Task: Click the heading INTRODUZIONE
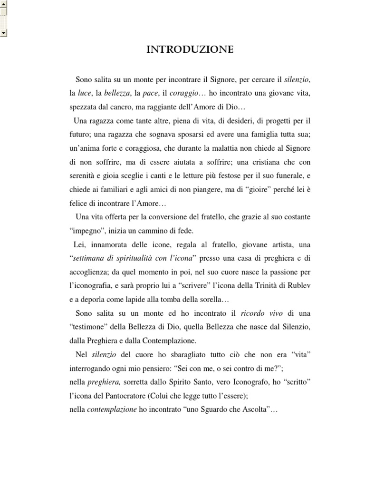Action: pos(190,49)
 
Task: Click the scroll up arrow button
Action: pos(3,4)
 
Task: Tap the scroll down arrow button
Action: pos(3,32)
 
